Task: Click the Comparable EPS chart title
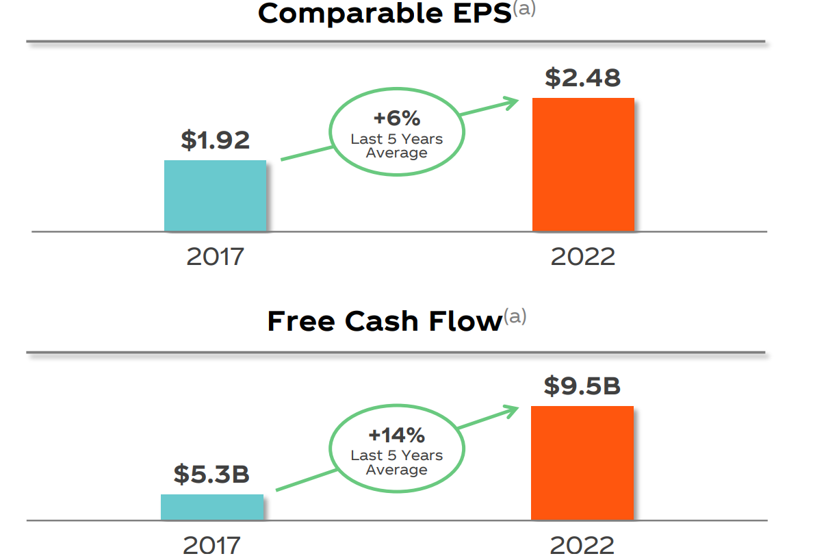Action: click(x=385, y=14)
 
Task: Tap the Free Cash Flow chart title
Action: click(x=385, y=321)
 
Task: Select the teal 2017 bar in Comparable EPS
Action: click(x=215, y=196)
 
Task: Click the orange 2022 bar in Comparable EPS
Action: click(x=583, y=164)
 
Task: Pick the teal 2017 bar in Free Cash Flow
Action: click(x=212, y=507)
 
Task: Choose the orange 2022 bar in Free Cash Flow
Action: click(x=582, y=463)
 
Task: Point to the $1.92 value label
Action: click(x=216, y=140)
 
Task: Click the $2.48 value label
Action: click(x=583, y=77)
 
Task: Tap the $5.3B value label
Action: click(x=211, y=474)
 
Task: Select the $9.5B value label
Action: click(x=582, y=386)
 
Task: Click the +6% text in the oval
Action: click(x=396, y=118)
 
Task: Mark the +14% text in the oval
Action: click(x=396, y=435)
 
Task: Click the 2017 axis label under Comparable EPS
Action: click(x=215, y=257)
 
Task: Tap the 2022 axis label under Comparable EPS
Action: click(x=583, y=257)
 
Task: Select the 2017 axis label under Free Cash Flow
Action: click(x=212, y=545)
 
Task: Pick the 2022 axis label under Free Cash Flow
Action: click(x=582, y=545)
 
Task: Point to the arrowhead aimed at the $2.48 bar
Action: click(x=512, y=103)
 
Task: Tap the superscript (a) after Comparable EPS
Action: click(x=524, y=10)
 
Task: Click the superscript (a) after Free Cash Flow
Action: click(x=515, y=317)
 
